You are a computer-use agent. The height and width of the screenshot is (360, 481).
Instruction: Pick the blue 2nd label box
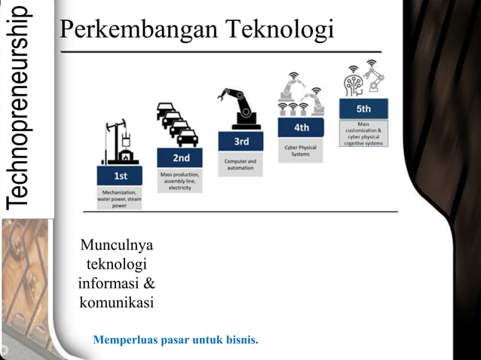coord(181,158)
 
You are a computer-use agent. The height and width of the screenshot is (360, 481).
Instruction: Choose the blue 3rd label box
coord(240,141)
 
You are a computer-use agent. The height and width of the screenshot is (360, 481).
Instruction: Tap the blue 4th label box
coord(301,127)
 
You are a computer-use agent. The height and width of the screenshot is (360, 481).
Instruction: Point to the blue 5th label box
coord(363,108)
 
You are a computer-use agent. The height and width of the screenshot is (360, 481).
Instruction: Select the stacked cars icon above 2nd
coord(178,124)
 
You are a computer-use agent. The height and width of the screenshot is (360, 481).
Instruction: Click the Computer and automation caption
coord(240,165)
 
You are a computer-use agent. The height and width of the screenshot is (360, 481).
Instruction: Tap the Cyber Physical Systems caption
coord(301,151)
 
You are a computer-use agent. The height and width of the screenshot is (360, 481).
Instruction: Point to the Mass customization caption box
coord(363,133)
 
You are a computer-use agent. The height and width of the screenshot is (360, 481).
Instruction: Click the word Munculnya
coord(116,246)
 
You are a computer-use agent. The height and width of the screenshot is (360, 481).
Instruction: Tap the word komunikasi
coord(116,304)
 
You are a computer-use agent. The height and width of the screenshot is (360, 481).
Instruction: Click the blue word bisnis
coord(241,340)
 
